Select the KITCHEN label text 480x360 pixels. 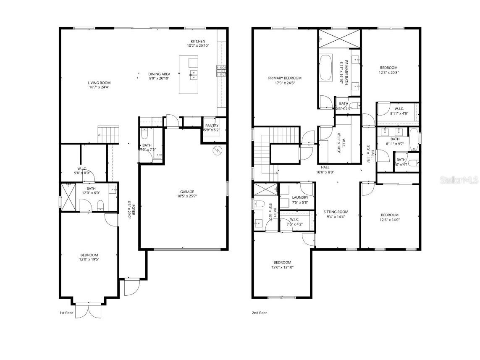[198, 41]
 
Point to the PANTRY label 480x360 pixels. [211, 126]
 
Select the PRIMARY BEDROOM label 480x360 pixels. [285, 78]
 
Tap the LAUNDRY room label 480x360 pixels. [300, 197]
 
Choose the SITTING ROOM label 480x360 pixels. [336, 212]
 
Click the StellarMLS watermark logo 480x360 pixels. [459, 180]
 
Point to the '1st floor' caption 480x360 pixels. [66, 313]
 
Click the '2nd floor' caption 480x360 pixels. [259, 313]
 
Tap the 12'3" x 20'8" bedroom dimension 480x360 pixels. [388, 72]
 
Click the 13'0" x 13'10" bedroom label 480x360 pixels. [282, 267]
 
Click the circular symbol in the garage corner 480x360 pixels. [218, 151]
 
